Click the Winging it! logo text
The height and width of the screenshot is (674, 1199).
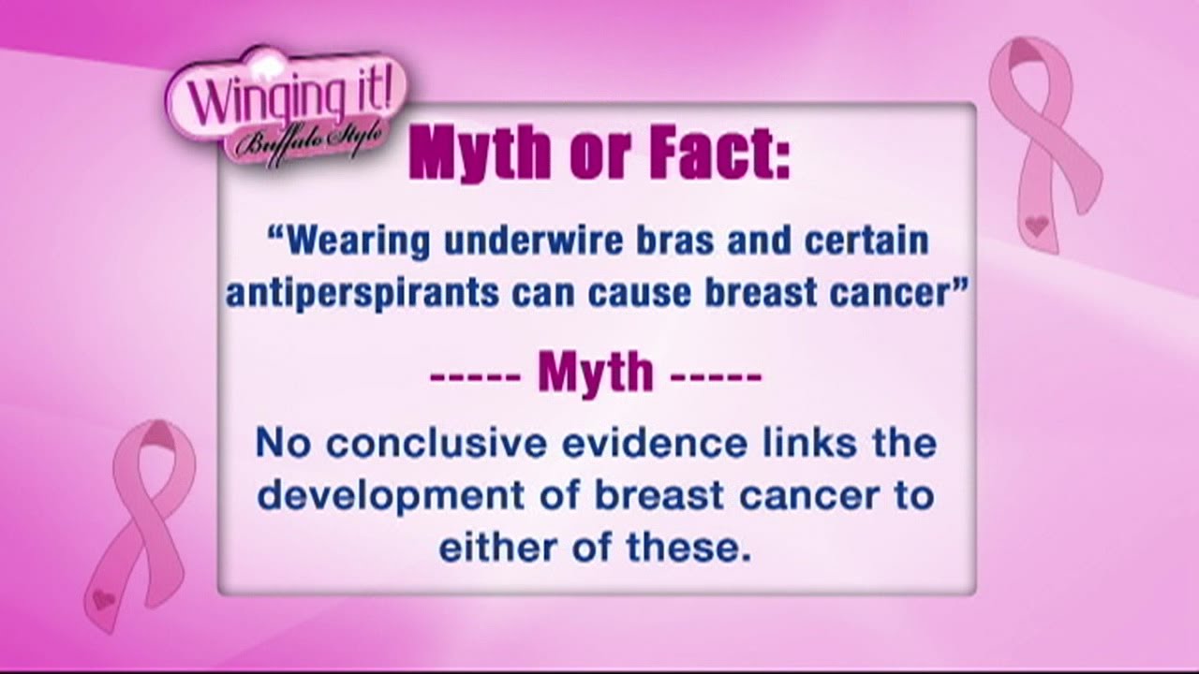point(289,98)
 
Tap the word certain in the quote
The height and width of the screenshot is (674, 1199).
point(866,241)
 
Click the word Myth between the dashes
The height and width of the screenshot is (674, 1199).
point(596,372)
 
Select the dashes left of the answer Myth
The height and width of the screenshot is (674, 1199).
point(475,375)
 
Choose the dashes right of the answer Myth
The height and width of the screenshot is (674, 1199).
point(717,375)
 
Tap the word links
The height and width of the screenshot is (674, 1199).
point(809,444)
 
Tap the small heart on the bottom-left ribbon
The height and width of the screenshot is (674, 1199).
point(103,598)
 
